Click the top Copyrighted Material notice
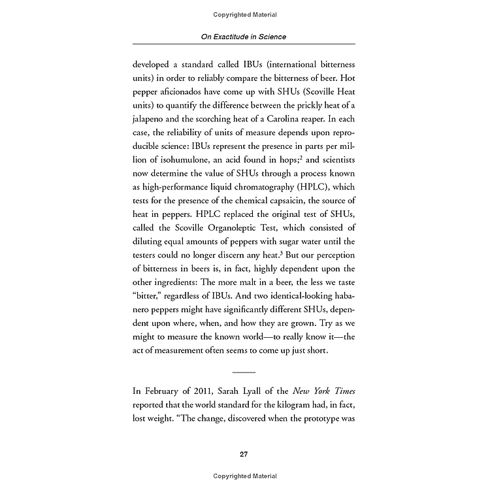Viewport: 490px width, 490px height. click(x=244, y=14)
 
